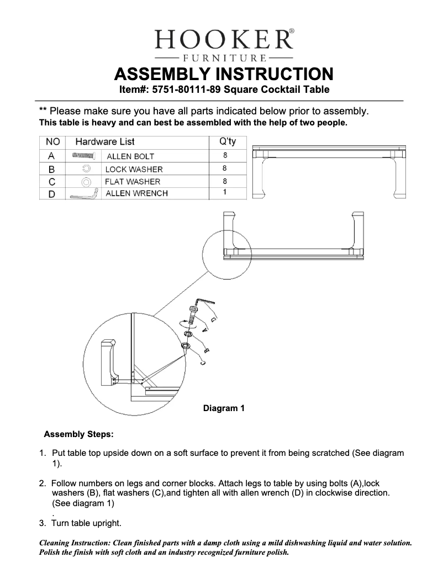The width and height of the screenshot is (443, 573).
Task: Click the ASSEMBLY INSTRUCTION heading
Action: (223, 73)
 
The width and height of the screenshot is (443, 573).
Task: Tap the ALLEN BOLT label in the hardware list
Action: (130, 156)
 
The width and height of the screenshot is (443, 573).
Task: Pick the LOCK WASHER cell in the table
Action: (134, 169)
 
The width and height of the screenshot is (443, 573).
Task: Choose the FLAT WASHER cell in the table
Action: (133, 181)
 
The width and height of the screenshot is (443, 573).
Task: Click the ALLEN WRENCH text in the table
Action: (136, 193)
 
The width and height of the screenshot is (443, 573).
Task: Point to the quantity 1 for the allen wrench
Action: (225, 192)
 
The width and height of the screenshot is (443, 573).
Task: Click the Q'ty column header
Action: (224, 142)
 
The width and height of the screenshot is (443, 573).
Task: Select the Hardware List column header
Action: (105, 142)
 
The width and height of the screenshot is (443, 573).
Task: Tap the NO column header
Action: (52, 142)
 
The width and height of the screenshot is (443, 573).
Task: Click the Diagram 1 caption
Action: (224, 409)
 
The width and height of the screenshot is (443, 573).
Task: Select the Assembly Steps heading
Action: (78, 434)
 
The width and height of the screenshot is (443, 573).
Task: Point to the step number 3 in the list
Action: (42, 523)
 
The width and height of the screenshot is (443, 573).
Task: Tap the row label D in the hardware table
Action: (51, 194)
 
